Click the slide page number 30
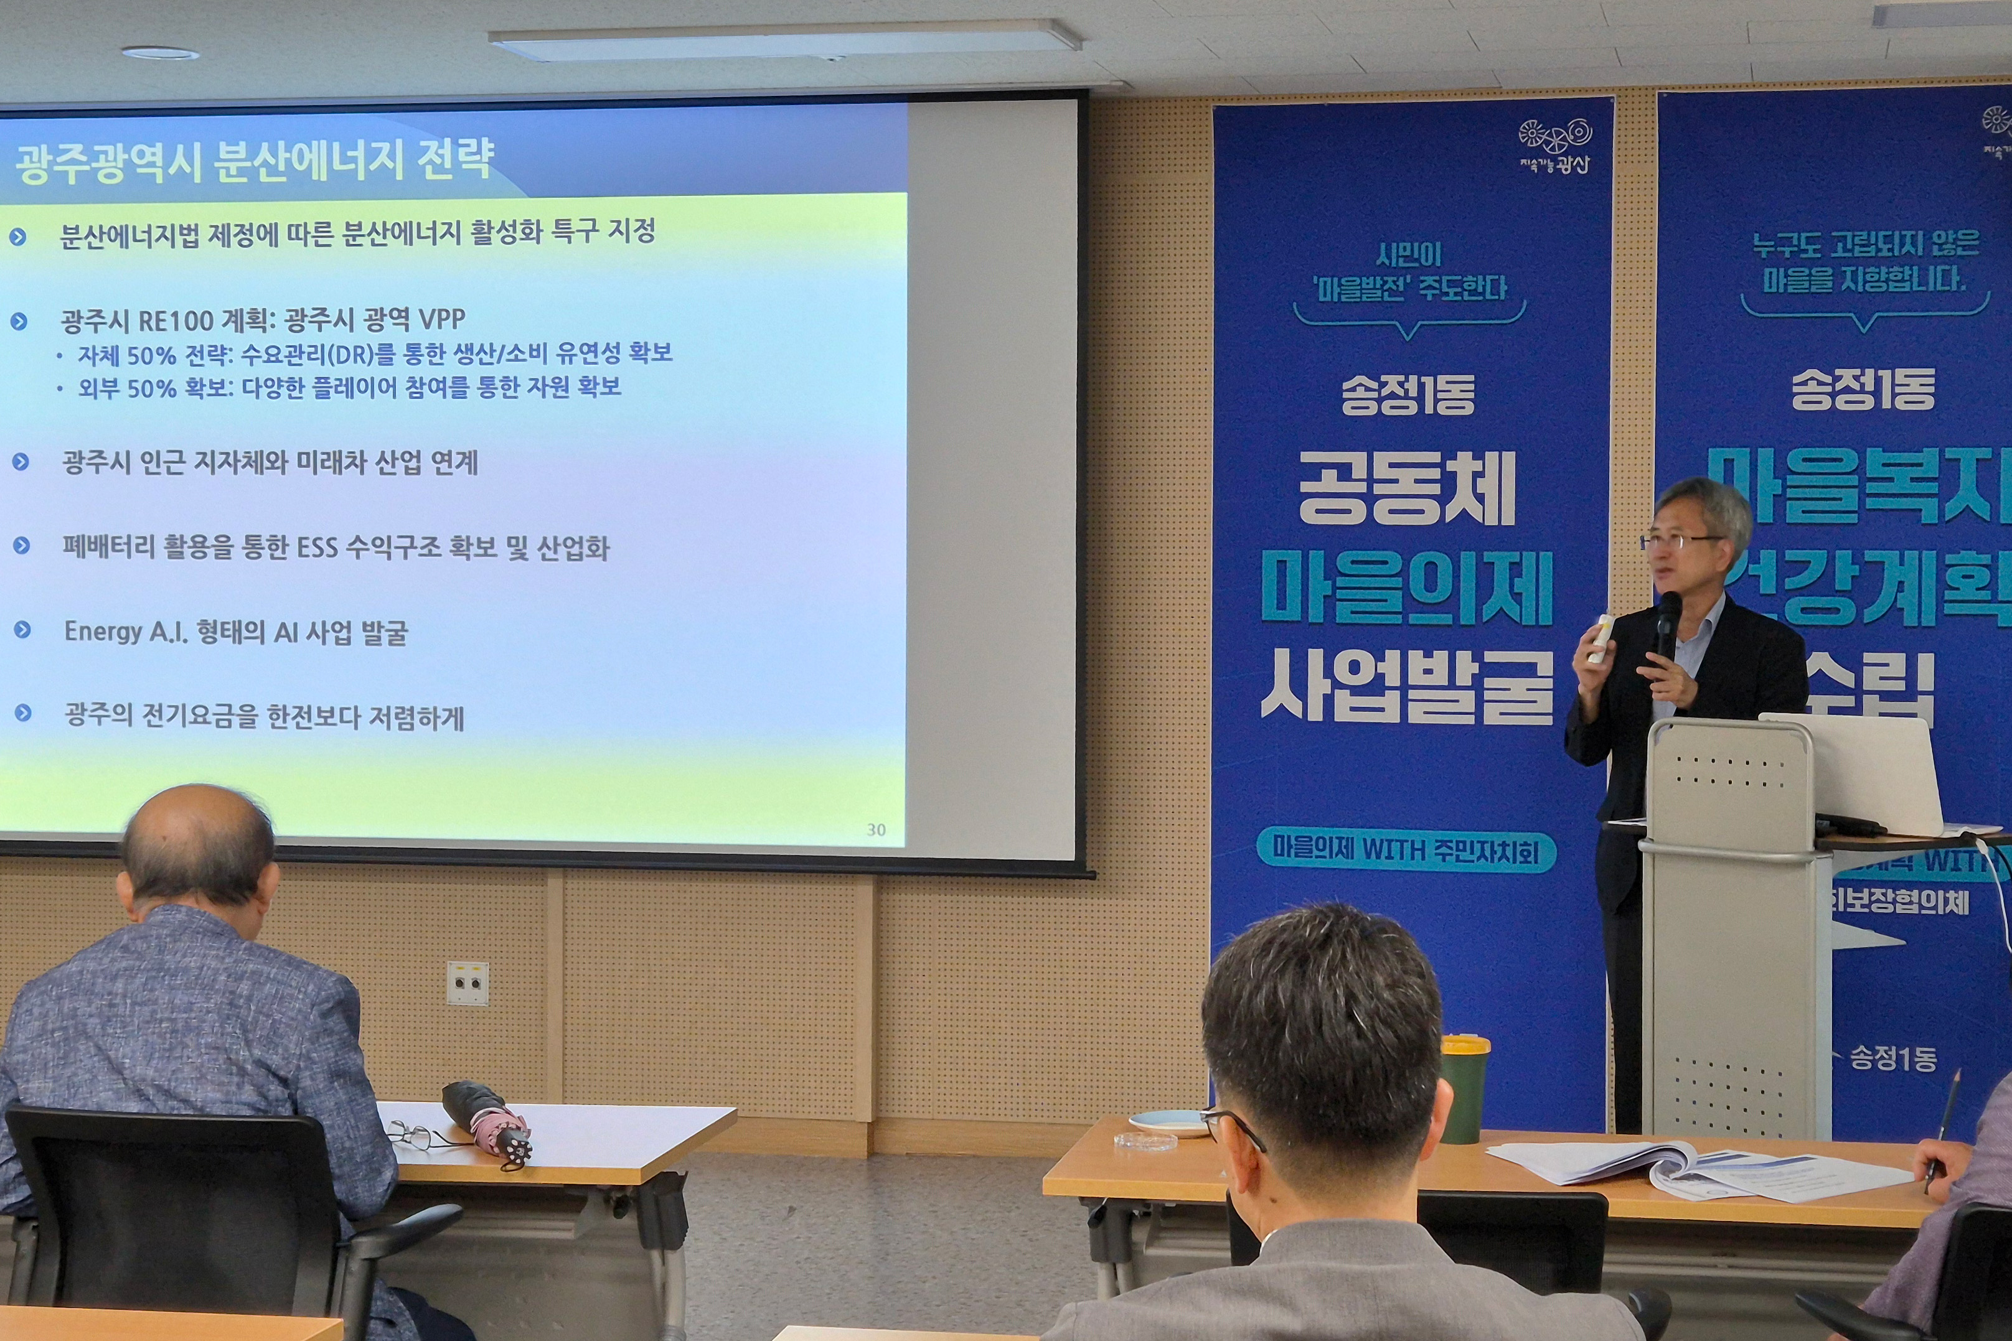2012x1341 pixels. [x=876, y=829]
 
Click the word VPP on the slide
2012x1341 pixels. [x=441, y=320]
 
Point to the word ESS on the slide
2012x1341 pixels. [x=317, y=548]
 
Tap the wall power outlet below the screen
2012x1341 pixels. [x=467, y=983]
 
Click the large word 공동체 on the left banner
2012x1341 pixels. [x=1407, y=489]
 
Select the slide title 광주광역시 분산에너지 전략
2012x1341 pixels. [x=255, y=161]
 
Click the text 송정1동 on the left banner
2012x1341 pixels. [x=1407, y=396]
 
